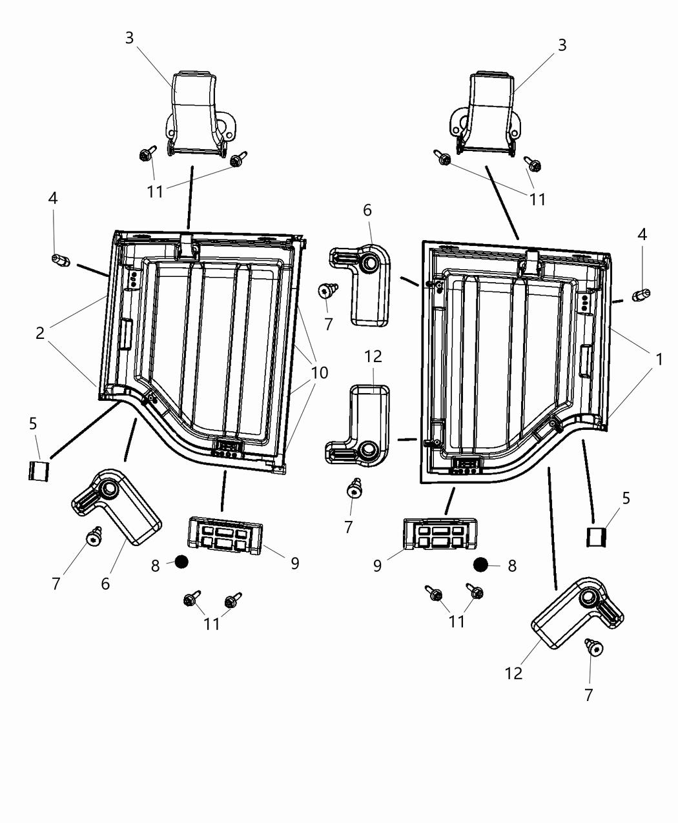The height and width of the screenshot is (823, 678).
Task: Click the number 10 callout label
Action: pyautogui.click(x=319, y=372)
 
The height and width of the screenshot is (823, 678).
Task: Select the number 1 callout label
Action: pyautogui.click(x=659, y=360)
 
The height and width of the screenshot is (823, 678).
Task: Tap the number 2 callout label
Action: pyautogui.click(x=40, y=333)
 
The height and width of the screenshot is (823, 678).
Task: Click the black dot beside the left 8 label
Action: pyautogui.click(x=181, y=562)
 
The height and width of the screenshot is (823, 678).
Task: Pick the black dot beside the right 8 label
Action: pyautogui.click(x=480, y=565)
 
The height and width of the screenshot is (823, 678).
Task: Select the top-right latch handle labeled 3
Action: pyautogui.click(x=488, y=112)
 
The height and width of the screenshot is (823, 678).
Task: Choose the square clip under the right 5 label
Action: pyautogui.click(x=597, y=536)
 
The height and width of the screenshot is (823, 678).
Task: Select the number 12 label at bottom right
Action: pyautogui.click(x=513, y=673)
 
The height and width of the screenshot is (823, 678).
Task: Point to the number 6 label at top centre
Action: pyautogui.click(x=367, y=210)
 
